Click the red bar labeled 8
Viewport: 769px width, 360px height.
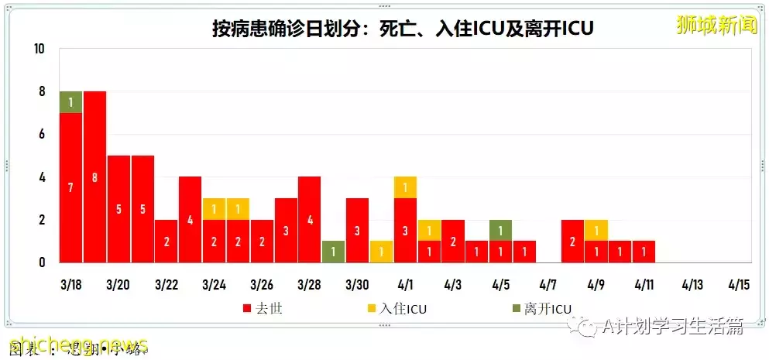tap(94, 177)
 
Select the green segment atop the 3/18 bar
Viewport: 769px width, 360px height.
tap(70, 102)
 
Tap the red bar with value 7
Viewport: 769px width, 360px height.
tap(70, 187)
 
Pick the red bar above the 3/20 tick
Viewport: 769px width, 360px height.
tap(118, 209)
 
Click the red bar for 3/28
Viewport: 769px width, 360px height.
tap(309, 220)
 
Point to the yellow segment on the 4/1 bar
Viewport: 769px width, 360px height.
tap(405, 187)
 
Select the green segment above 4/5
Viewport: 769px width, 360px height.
tap(500, 231)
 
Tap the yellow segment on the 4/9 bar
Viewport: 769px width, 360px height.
tap(596, 231)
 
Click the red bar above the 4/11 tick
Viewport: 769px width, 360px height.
tap(644, 252)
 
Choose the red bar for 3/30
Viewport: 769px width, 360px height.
tap(357, 231)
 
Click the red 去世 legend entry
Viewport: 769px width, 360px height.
tap(263, 309)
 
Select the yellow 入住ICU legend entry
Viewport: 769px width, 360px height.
tap(397, 309)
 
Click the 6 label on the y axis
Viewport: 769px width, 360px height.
tap(41, 135)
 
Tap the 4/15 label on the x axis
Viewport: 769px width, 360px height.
tap(740, 284)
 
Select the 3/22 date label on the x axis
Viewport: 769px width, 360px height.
tap(167, 284)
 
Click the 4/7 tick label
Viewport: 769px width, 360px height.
tap(548, 284)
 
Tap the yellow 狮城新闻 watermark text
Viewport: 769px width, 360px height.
tap(715, 25)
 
